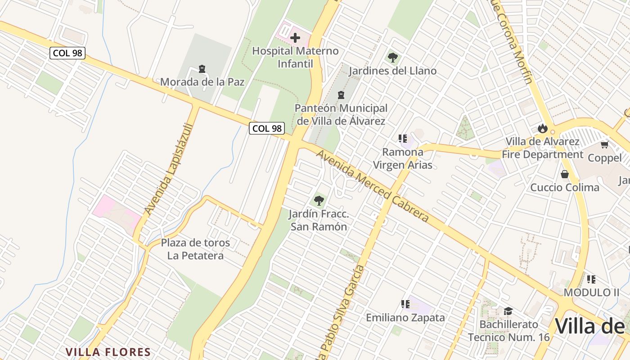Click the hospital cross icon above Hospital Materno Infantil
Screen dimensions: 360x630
(x=295, y=38)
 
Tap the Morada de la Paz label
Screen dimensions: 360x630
(x=202, y=82)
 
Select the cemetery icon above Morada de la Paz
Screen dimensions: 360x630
(x=202, y=69)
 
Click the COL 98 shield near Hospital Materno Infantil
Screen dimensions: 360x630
(x=267, y=128)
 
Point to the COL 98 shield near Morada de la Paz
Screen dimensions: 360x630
(x=67, y=53)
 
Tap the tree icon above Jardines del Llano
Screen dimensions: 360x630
(x=392, y=58)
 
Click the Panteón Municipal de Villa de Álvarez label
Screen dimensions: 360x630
(x=341, y=115)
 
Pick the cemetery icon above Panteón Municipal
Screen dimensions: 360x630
(x=341, y=95)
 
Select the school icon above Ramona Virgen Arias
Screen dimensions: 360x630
(x=403, y=139)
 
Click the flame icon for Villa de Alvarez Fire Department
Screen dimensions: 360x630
(x=542, y=128)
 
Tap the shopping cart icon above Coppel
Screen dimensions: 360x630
(x=604, y=144)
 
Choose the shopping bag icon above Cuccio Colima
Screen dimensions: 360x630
(x=564, y=174)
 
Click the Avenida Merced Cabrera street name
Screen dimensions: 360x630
(x=373, y=185)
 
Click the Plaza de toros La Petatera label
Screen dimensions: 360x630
(x=195, y=249)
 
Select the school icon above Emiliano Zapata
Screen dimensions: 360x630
(x=405, y=304)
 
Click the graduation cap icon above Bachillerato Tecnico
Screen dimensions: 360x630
(x=508, y=311)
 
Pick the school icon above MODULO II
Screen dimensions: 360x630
(x=591, y=279)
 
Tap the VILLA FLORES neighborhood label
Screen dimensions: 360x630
(x=108, y=352)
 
